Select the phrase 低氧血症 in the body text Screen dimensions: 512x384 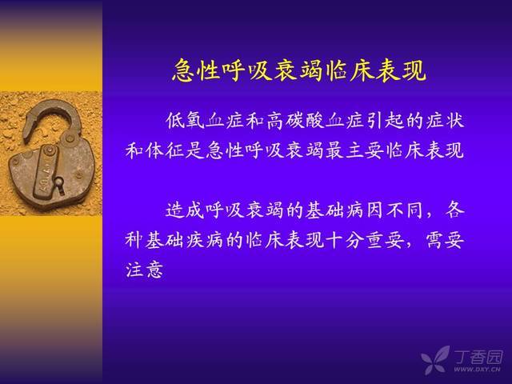pos(205,121)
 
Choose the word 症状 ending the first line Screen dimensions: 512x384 pos(446,121)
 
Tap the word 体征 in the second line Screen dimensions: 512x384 pos(165,150)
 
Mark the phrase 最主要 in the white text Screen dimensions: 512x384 pos(354,150)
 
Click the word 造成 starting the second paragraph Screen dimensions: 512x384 pos(185,210)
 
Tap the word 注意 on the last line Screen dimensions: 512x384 pos(144,270)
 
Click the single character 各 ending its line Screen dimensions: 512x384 pos(455,210)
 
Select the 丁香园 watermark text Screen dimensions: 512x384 pos(478,358)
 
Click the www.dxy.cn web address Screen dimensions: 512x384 pos(477,370)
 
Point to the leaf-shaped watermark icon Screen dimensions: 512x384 pos(435,359)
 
